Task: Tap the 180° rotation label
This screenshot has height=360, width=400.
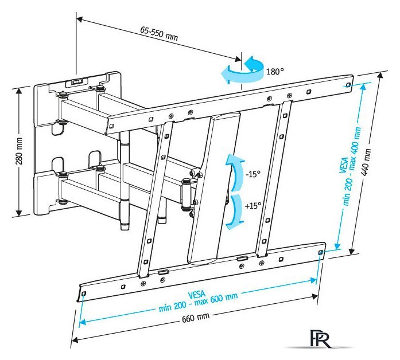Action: pyautogui.click(x=275, y=72)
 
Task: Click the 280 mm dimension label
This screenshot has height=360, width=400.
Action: pyautogui.click(x=18, y=151)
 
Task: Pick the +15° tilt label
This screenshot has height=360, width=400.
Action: pyautogui.click(x=253, y=205)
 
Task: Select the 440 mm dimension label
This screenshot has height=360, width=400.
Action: pyautogui.click(x=368, y=162)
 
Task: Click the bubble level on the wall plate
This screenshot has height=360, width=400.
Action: pyautogui.click(x=76, y=82)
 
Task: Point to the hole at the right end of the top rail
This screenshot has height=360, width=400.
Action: pyautogui.click(x=348, y=84)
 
